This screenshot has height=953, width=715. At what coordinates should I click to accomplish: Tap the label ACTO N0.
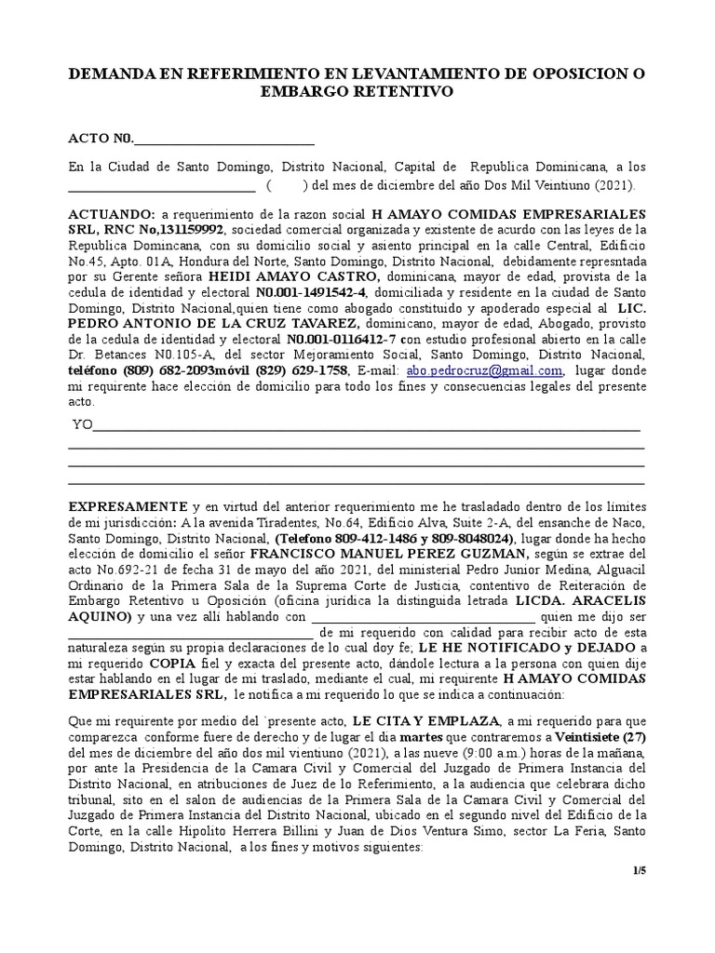click(101, 140)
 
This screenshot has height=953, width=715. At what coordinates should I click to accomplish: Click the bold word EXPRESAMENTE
click(128, 505)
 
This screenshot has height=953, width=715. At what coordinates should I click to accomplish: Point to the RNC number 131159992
click(190, 229)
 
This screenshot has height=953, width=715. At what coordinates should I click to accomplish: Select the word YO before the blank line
click(84, 424)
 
